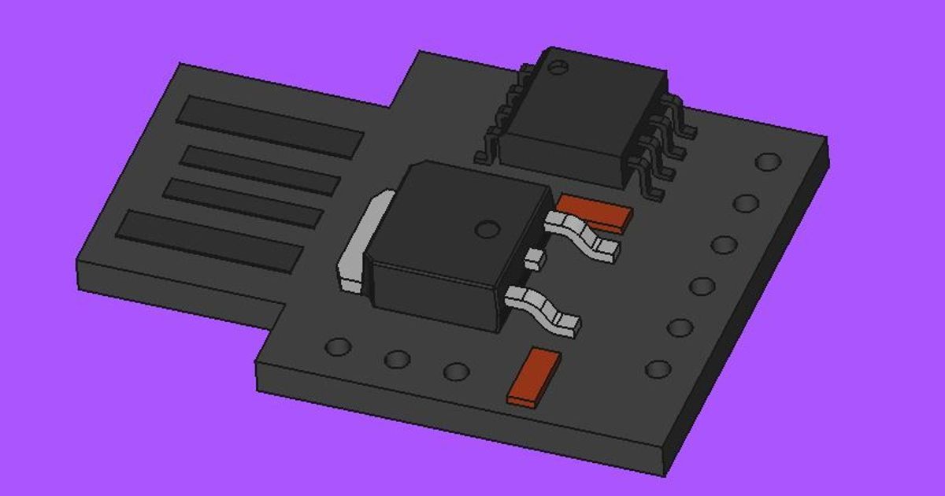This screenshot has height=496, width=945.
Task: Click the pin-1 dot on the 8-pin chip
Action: (x=558, y=68)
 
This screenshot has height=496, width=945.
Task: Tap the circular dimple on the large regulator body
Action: (x=488, y=230)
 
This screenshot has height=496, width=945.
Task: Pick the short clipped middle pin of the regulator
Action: (x=535, y=258)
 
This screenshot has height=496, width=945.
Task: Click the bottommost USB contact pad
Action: (x=209, y=241)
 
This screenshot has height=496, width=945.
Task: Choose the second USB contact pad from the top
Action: (x=260, y=170)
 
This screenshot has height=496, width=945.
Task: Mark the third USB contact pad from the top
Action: (x=243, y=202)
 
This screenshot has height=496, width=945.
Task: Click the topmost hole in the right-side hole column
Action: (x=768, y=162)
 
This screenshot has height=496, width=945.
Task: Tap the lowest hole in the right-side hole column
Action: (x=658, y=368)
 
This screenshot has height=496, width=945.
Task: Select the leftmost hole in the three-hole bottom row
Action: (x=339, y=347)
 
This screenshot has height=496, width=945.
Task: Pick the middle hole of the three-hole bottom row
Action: (x=398, y=359)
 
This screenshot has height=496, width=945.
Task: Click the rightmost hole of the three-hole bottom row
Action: (x=456, y=371)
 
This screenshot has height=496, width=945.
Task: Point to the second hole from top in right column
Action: (x=746, y=203)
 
